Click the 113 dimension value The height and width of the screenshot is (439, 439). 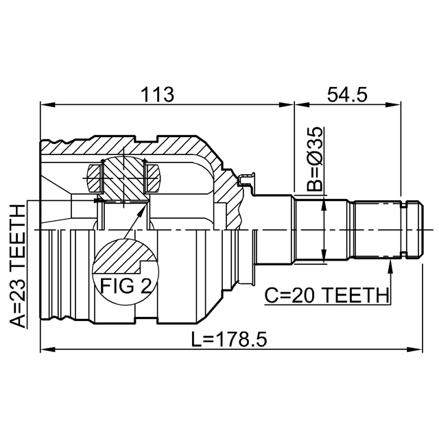tap(157, 94)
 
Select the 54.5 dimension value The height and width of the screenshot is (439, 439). tap(347, 94)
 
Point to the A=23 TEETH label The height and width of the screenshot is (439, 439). tap(19, 265)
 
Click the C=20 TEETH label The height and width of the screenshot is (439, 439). tap(327, 296)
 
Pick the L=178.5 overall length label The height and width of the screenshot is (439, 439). tap(229, 339)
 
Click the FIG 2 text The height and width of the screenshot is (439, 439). tap(126, 286)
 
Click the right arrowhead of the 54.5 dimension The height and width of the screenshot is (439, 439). tap(394, 105)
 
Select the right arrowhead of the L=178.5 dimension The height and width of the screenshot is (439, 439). tap(415, 349)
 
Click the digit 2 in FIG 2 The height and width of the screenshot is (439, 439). tap(145, 286)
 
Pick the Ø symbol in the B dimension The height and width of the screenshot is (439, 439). tap(315, 162)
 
